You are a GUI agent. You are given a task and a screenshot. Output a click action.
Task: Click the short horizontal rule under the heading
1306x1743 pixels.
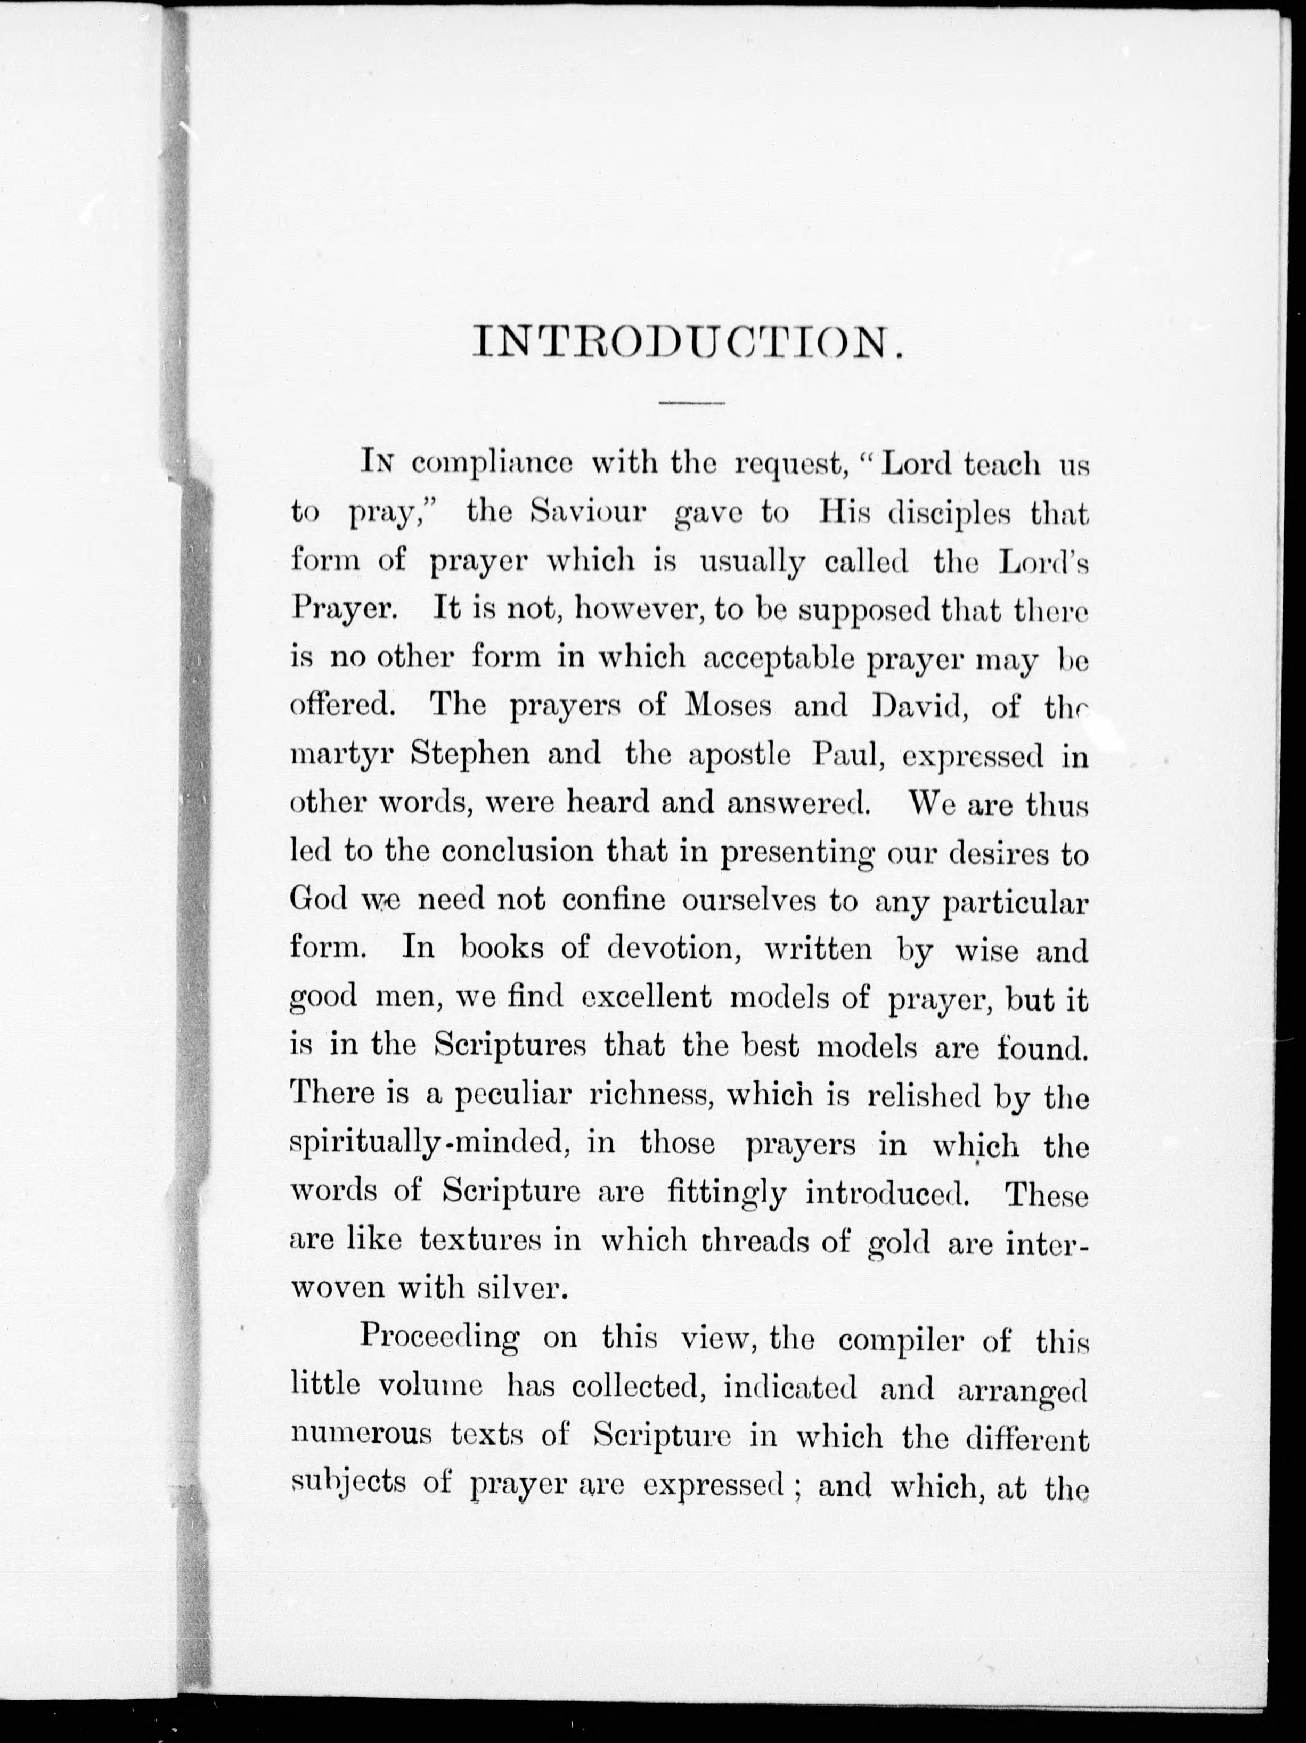coord(691,404)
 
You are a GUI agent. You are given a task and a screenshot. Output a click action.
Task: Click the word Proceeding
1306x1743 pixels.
coord(439,1338)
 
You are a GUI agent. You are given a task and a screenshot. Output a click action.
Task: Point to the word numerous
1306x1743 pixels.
coord(361,1434)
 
